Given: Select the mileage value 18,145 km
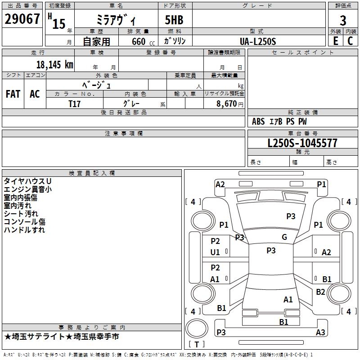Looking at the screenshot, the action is click(x=54, y=64).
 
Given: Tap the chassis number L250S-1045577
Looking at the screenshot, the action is click(x=303, y=144).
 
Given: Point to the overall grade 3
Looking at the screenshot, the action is click(x=343, y=20).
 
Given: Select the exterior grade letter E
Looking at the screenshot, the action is click(x=335, y=41).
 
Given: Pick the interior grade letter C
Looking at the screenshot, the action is click(x=351, y=41).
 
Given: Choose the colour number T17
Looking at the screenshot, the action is click(x=75, y=103).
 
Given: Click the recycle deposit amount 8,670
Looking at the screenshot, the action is click(x=227, y=103).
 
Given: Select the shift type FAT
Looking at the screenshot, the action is click(x=13, y=94).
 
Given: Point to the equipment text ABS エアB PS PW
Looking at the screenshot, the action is click(x=279, y=121).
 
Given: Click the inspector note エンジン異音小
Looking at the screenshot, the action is click(x=27, y=189).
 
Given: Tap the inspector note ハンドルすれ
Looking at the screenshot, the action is click(x=24, y=230).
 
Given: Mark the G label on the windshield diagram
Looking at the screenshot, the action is click(x=284, y=237).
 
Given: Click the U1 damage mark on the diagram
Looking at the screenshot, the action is click(x=215, y=252).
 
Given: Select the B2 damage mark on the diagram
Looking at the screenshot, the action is click(x=320, y=292).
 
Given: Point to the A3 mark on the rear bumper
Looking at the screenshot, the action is click(x=320, y=333).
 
